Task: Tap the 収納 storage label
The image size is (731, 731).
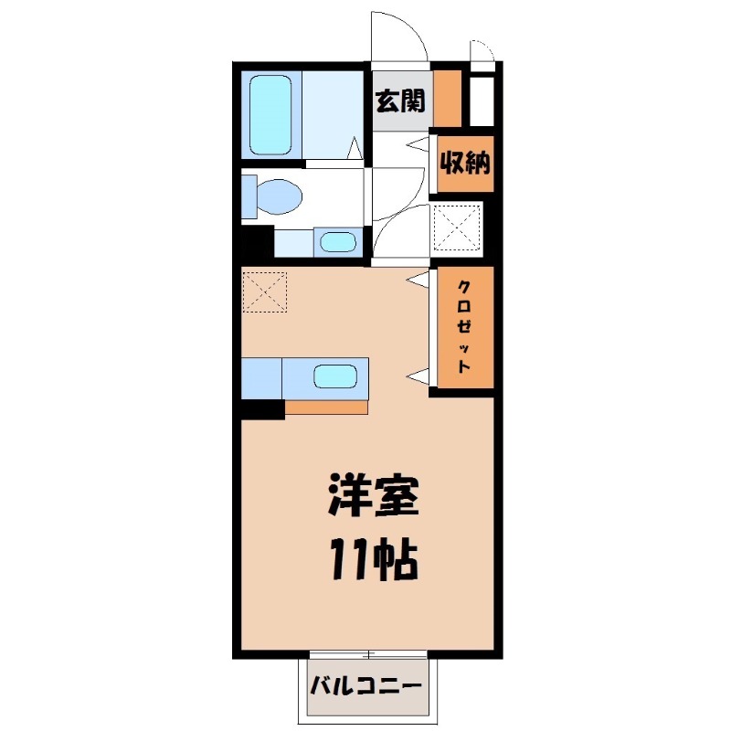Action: tap(466, 164)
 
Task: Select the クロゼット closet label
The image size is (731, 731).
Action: tap(464, 326)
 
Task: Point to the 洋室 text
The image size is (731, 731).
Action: tap(372, 498)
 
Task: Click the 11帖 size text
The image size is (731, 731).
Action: tap(372, 560)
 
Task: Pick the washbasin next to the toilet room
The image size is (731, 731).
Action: tap(338, 243)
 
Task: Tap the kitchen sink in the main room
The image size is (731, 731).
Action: tap(335, 376)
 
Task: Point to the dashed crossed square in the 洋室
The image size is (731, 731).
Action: tap(265, 291)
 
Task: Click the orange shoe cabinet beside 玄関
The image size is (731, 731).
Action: tap(448, 97)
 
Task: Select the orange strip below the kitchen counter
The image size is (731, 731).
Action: tap(325, 408)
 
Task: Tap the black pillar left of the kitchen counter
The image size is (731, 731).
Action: tap(262, 408)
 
